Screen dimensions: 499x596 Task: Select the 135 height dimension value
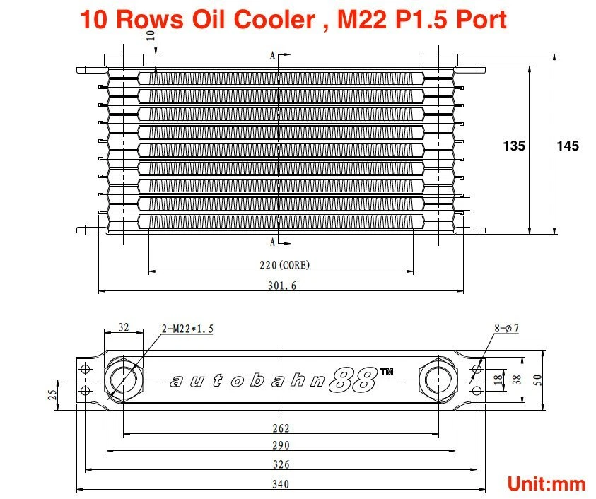[x=514, y=146]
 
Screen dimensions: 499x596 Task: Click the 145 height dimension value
[x=568, y=146]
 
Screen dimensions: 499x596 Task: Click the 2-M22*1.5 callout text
[x=187, y=329]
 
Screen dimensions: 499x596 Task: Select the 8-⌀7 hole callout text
[x=507, y=329]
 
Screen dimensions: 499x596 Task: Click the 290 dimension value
[x=281, y=447]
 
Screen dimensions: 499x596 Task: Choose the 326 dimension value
[x=281, y=465]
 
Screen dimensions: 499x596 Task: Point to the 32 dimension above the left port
[x=124, y=327]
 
